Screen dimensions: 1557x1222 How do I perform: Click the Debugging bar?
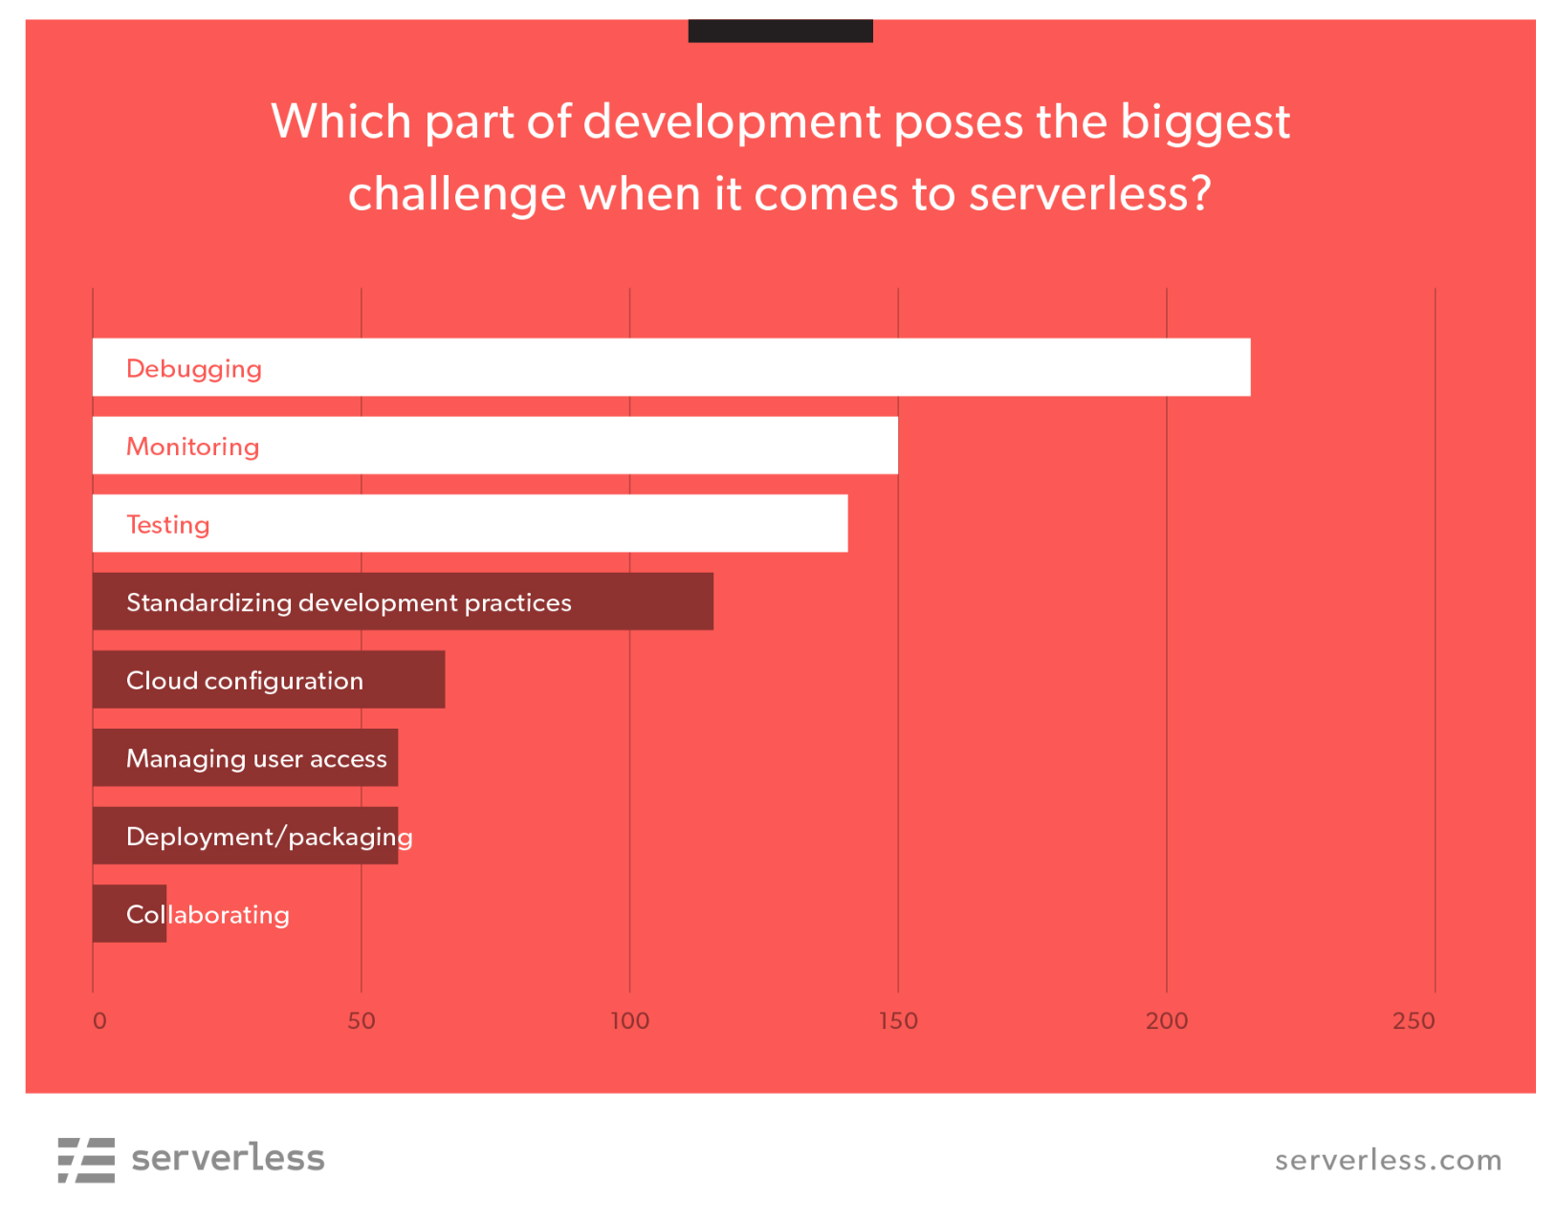(671, 367)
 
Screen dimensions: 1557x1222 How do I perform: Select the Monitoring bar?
(495, 445)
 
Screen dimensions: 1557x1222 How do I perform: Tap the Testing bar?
(470, 523)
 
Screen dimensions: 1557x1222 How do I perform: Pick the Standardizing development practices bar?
(403, 601)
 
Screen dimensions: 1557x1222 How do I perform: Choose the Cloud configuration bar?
(269, 679)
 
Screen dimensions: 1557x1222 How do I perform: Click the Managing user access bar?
(245, 757)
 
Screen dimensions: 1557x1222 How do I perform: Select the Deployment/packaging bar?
(245, 835)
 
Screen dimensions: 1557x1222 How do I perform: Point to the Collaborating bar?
(130, 913)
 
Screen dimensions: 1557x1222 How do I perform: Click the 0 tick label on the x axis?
(99, 1020)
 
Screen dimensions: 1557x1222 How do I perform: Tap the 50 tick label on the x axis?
(362, 1020)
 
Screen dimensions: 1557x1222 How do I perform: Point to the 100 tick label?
(630, 1020)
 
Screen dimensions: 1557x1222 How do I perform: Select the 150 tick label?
(898, 1020)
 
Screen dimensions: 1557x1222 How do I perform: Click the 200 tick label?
(1167, 1020)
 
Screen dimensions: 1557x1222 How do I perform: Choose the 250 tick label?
(1414, 1020)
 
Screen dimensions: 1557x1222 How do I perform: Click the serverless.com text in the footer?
(1388, 1160)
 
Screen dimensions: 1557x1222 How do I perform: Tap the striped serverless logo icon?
(86, 1160)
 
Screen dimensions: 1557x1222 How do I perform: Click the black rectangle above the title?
(780, 31)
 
